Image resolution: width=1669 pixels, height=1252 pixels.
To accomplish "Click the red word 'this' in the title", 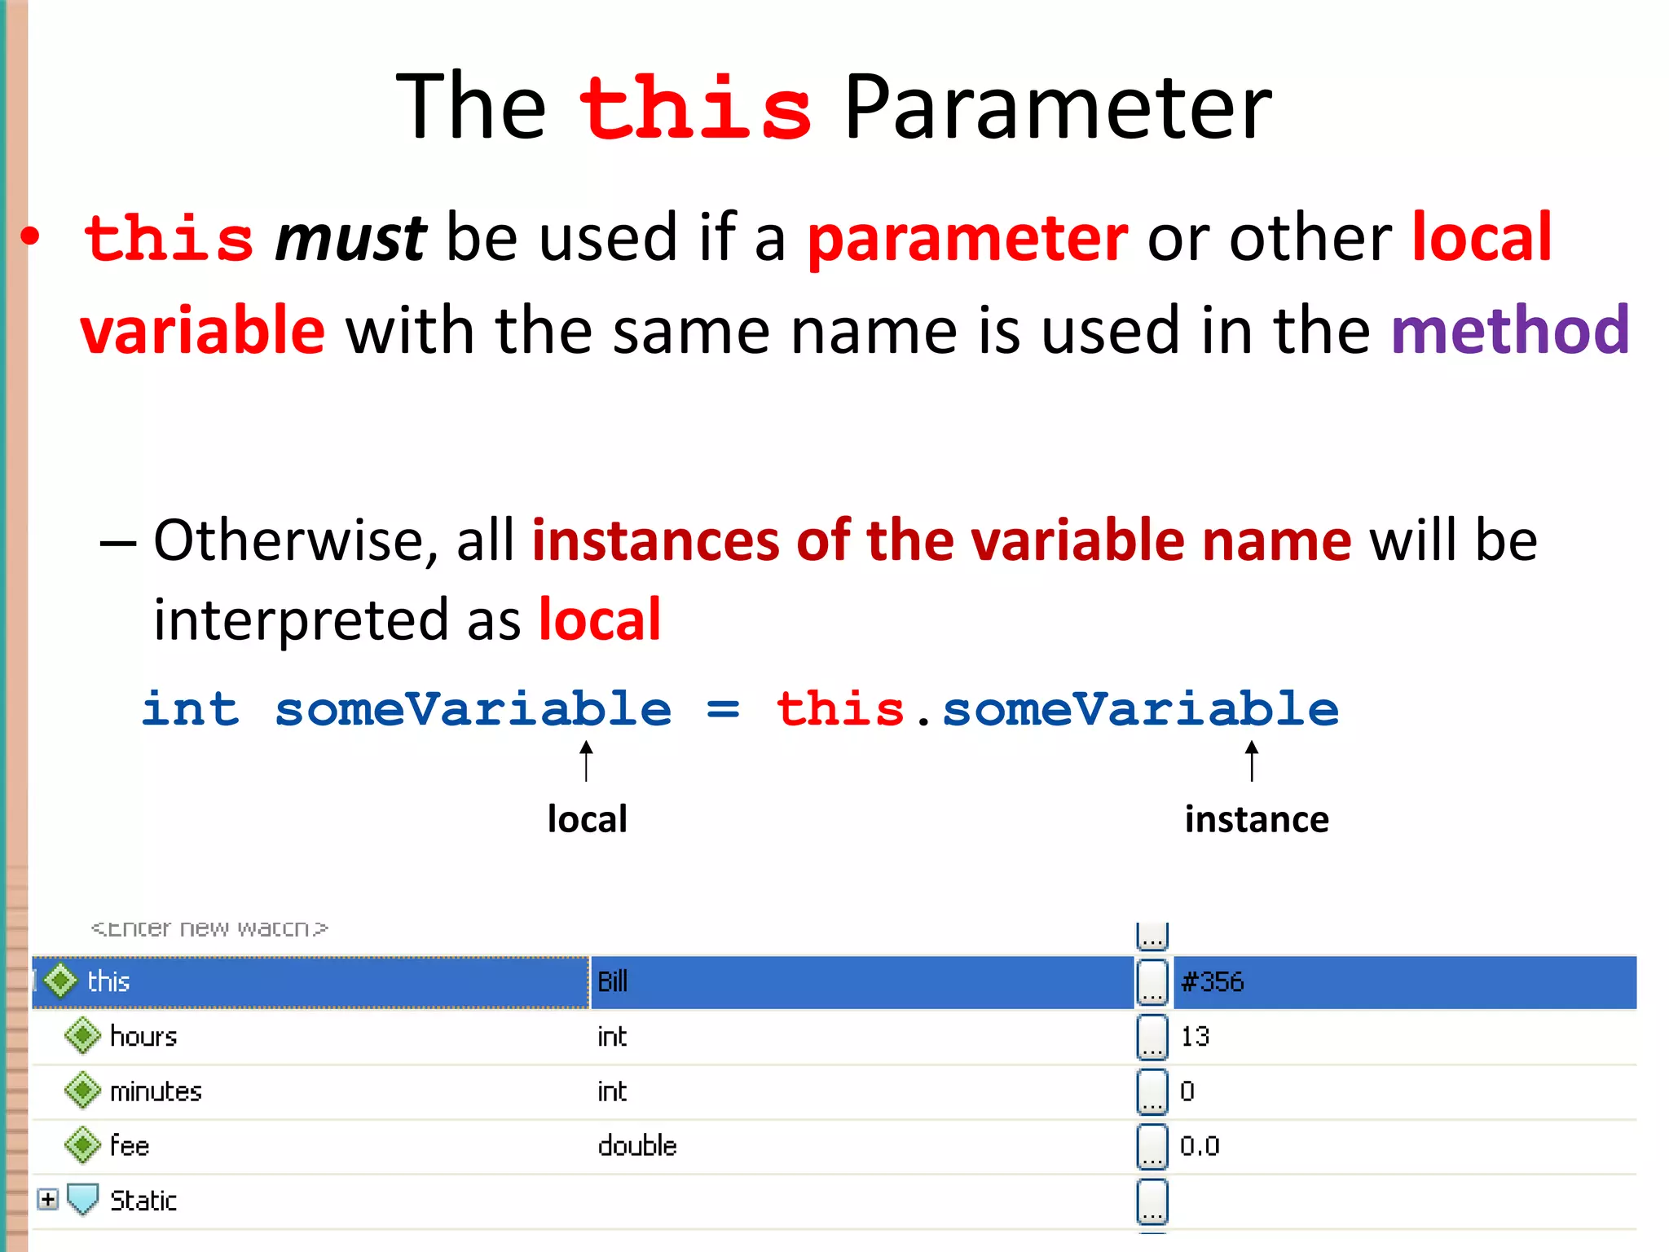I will coord(695,108).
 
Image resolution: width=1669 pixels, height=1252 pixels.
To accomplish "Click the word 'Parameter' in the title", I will coord(1057,108).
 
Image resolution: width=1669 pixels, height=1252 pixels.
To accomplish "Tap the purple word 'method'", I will coord(1510,330).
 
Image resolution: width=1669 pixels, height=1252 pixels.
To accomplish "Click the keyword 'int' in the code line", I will coord(191,708).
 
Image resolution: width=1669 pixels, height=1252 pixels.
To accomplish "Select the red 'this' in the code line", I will coord(840,708).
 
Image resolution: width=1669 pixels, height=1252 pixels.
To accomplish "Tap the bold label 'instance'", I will coord(1256,819).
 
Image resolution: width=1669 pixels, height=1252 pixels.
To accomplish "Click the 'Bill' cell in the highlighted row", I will coord(613,981).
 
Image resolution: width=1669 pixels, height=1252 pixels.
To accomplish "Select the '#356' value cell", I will coord(1213,981).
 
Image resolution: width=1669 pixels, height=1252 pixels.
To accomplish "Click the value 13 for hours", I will coord(1195,1037).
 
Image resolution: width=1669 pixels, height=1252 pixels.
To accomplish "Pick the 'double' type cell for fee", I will coord(636,1146).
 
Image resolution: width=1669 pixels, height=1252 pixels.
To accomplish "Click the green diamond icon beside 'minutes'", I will coord(82,1091).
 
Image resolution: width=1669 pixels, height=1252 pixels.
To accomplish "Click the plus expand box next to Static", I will coord(48,1199).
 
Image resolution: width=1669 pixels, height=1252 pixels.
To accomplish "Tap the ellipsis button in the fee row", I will coord(1152,1146).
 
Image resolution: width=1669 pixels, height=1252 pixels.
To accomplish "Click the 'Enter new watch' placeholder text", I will coord(209,928).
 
